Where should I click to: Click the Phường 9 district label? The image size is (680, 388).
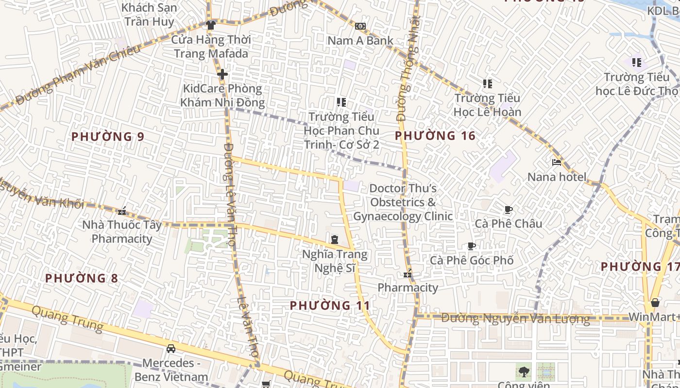pyautogui.click(x=108, y=137)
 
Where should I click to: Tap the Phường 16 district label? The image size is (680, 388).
pyautogui.click(x=435, y=136)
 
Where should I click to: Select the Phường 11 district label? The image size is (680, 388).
pyautogui.click(x=330, y=306)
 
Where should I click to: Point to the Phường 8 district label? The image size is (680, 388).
pyautogui.click(x=82, y=278)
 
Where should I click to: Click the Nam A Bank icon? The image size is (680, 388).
pyautogui.click(x=360, y=26)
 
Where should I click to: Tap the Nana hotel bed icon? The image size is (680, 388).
pyautogui.click(x=557, y=162)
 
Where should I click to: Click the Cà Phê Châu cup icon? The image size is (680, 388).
pyautogui.click(x=509, y=210)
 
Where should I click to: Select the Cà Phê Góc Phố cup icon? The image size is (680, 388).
pyautogui.click(x=471, y=246)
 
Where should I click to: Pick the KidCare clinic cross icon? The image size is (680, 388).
pyautogui.click(x=222, y=74)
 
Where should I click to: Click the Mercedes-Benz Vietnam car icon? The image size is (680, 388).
pyautogui.click(x=171, y=348)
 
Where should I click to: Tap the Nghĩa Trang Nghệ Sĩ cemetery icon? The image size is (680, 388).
pyautogui.click(x=335, y=240)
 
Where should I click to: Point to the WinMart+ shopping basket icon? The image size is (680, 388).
pyautogui.click(x=655, y=303)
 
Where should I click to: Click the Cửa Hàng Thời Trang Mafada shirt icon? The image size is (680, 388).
pyautogui.click(x=211, y=25)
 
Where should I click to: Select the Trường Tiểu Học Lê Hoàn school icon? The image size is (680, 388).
pyautogui.click(x=488, y=84)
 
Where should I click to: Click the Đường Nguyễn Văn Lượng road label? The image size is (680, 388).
pyautogui.click(x=516, y=319)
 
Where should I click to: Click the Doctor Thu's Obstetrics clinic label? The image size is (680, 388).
pyautogui.click(x=403, y=202)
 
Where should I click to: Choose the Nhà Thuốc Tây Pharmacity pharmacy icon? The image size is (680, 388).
pyautogui.click(x=122, y=211)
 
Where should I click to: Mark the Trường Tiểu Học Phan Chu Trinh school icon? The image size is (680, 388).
pyautogui.click(x=341, y=102)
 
